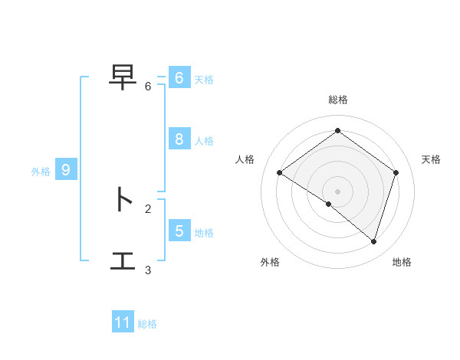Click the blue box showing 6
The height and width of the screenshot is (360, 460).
coord(179,78)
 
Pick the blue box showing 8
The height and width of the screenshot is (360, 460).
coord(179,139)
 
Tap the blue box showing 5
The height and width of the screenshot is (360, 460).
coord(179,231)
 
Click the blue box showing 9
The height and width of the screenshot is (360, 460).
coord(66,171)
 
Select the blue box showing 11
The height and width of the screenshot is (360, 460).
coord(123,322)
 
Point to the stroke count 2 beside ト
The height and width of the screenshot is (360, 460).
coord(148,208)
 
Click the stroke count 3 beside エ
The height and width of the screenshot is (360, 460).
coord(148,270)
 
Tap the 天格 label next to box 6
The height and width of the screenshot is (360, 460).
coord(204,79)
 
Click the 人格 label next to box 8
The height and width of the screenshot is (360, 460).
coord(204,141)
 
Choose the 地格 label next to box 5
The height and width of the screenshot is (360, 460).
coord(204,232)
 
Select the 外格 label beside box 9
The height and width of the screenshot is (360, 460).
coord(41,172)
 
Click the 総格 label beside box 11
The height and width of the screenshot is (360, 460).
coord(147,324)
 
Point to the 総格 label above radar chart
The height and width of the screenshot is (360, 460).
coord(337,100)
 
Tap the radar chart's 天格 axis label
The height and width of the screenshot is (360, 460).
coord(432,159)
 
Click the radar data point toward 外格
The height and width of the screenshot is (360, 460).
coord(329,204)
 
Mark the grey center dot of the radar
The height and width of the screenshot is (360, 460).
coord(337,191)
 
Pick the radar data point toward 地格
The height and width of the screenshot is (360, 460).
coord(373,241)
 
